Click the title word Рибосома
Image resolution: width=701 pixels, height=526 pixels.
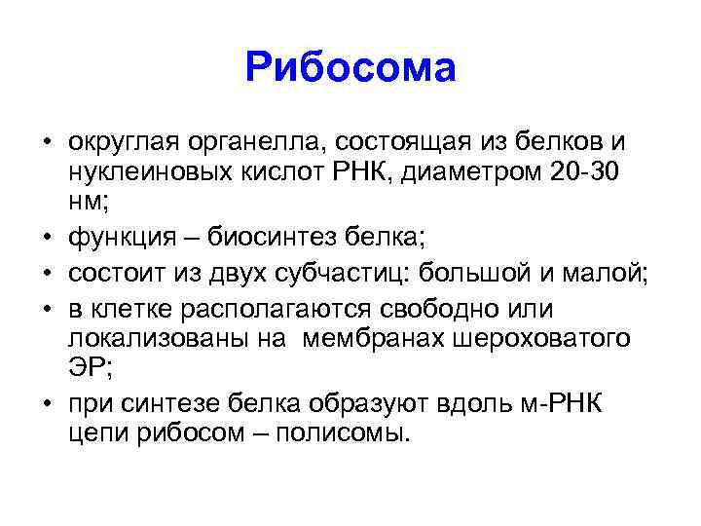[350, 67]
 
